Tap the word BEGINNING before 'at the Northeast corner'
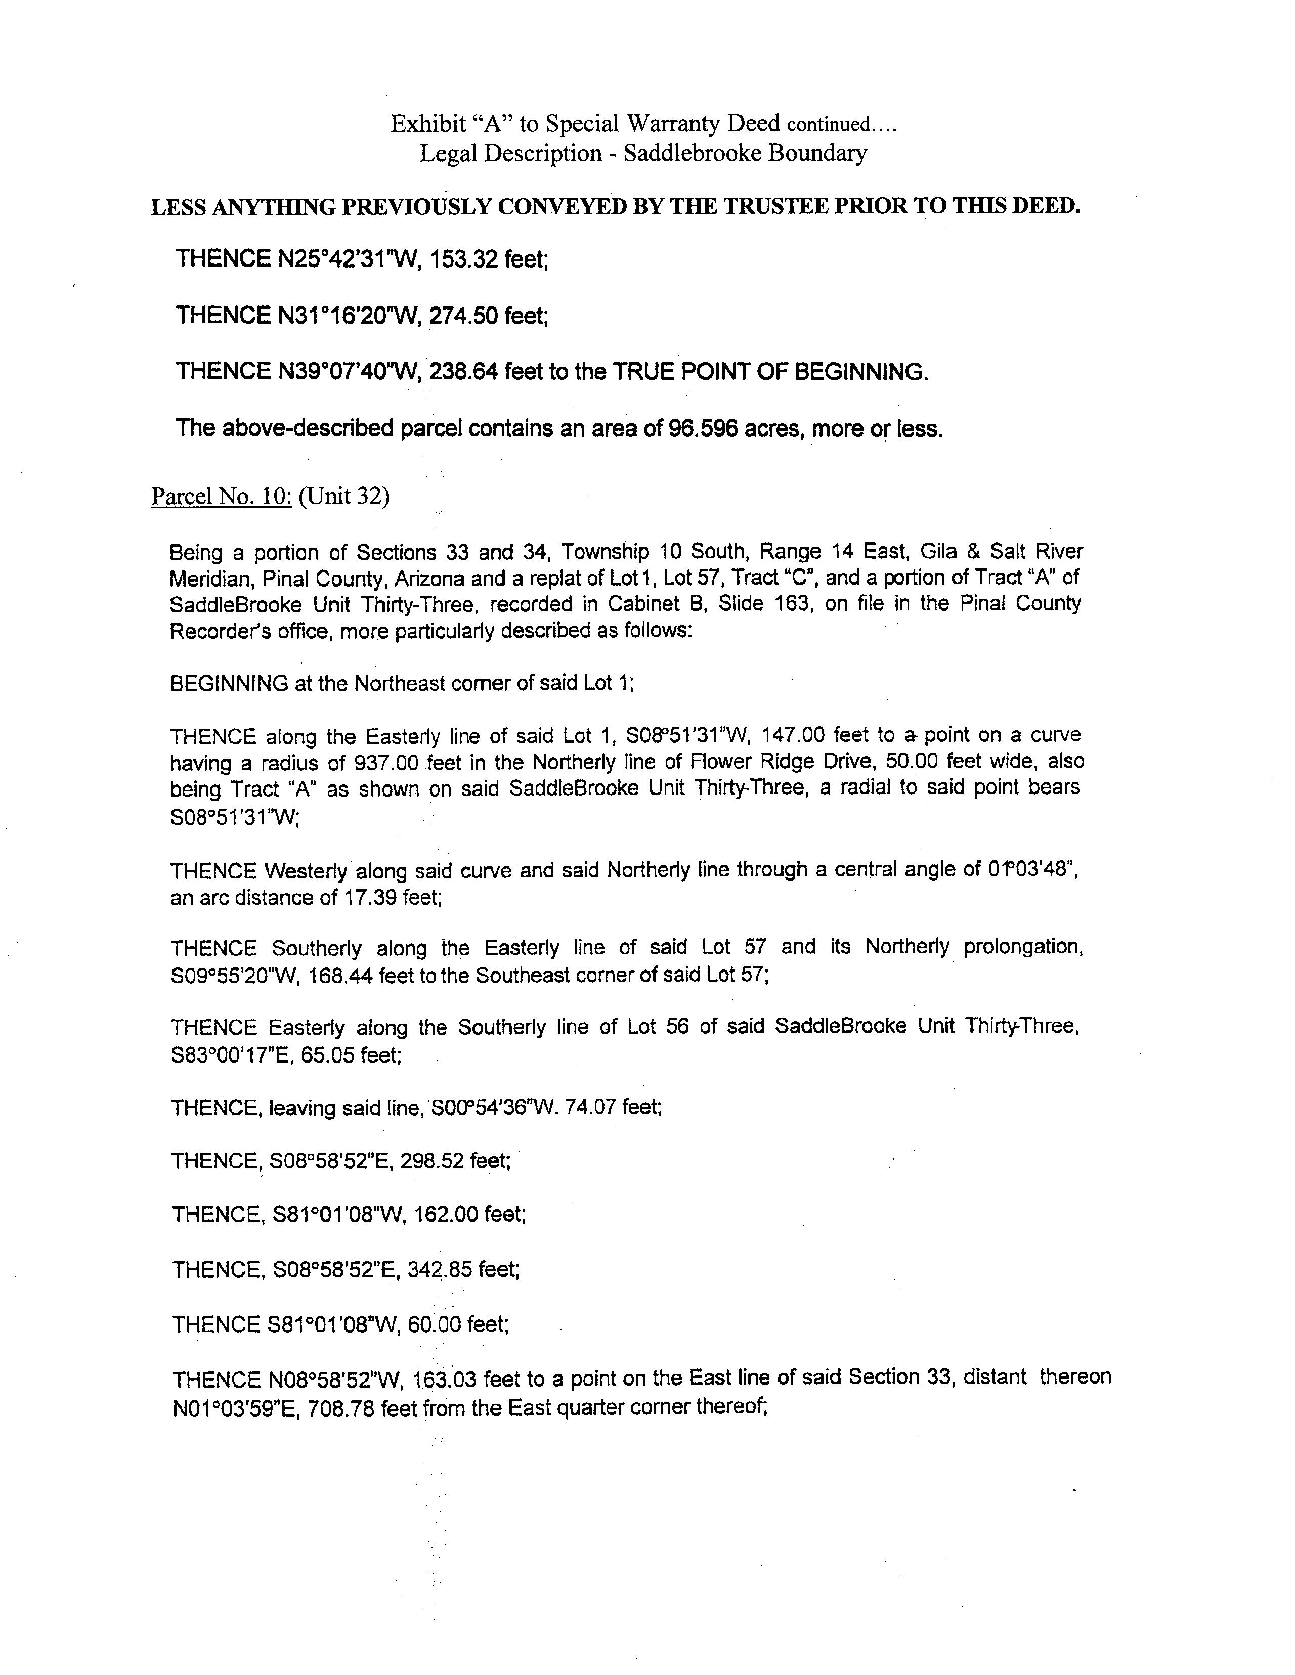point(229,683)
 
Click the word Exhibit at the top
point(428,123)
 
